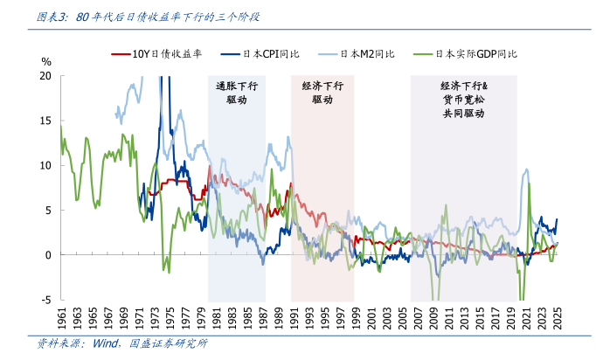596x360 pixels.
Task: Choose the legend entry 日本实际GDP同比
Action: [x=476, y=54]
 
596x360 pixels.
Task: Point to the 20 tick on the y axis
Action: [x=46, y=76]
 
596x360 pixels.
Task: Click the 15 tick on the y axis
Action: [x=46, y=121]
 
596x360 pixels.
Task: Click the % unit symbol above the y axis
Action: [x=47, y=61]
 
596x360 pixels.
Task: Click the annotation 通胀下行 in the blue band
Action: [x=237, y=87]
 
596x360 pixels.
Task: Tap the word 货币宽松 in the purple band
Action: [x=464, y=100]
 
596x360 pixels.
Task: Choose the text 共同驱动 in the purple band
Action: [x=464, y=114]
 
